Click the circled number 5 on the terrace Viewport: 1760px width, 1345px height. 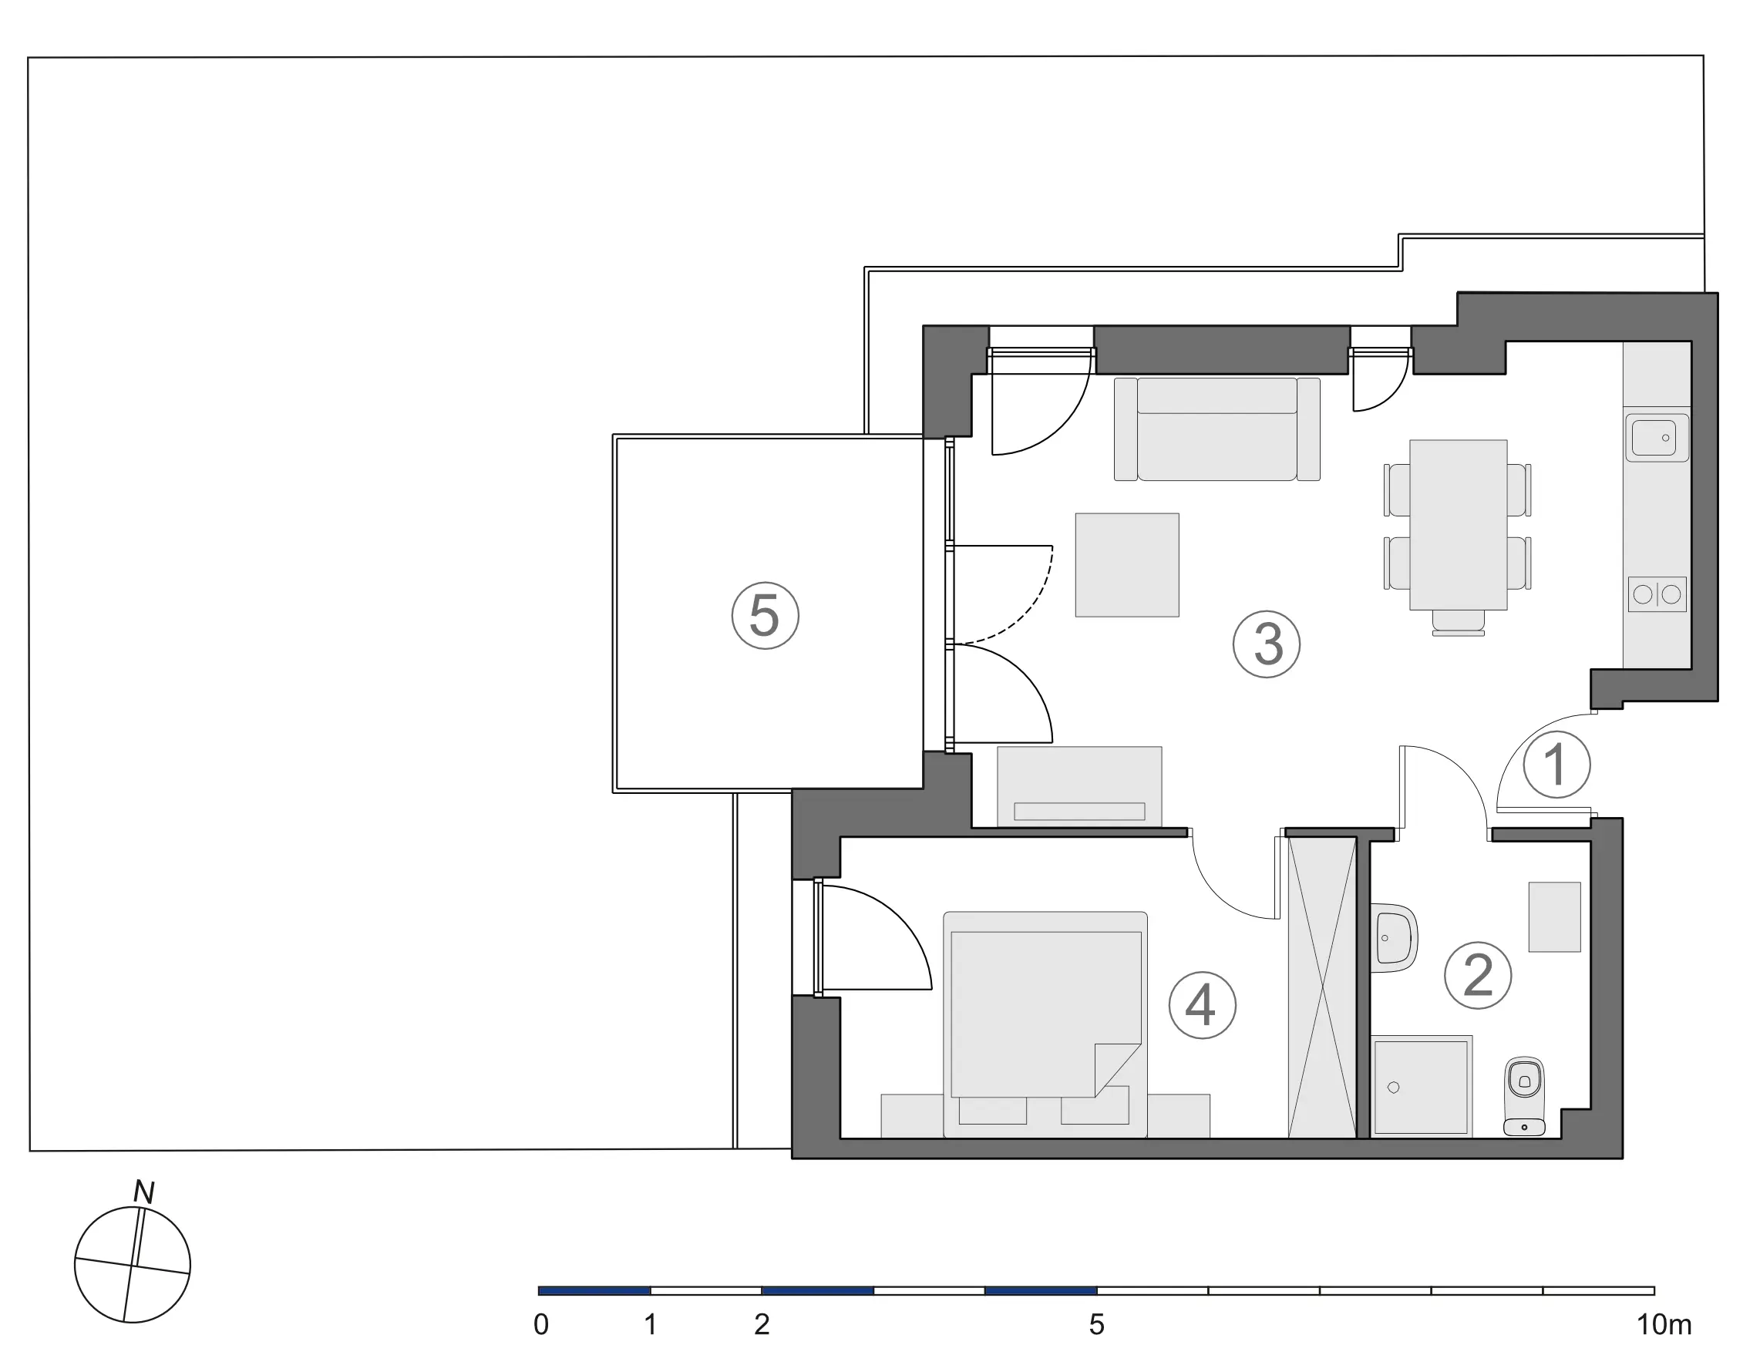[x=765, y=616]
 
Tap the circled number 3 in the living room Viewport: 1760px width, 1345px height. [x=1266, y=644]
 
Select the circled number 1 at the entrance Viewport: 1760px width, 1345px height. [x=1556, y=765]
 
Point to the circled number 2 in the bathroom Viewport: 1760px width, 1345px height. [x=1477, y=975]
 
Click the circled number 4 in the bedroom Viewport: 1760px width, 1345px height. [x=1202, y=1006]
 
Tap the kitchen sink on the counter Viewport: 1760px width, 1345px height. [x=1657, y=438]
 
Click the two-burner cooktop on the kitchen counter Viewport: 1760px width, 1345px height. [x=1657, y=594]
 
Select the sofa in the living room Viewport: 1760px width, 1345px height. [x=1217, y=429]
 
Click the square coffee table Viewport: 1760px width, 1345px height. [x=1126, y=565]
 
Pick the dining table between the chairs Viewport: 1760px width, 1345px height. [x=1458, y=524]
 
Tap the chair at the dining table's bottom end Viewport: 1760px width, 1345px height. [x=1458, y=623]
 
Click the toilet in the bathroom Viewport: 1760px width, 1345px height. [x=1524, y=1097]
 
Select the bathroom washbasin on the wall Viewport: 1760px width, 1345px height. [x=1393, y=937]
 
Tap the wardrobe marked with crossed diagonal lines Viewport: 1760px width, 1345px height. [x=1322, y=987]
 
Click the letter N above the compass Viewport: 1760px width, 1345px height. [x=143, y=1192]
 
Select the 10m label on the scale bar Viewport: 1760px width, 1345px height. [x=1663, y=1325]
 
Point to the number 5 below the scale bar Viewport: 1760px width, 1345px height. [x=1096, y=1325]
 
